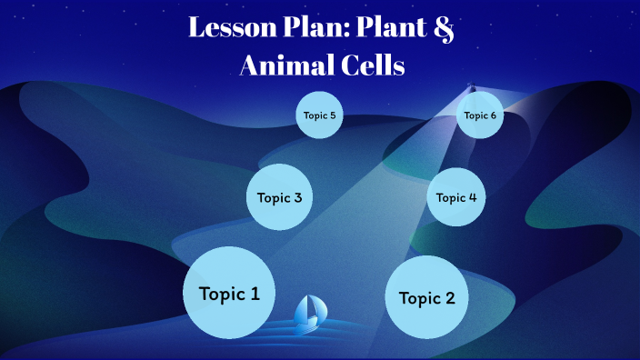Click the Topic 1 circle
[229, 293]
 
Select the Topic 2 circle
[426, 297]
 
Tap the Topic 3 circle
[280, 197]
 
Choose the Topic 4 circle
[455, 197]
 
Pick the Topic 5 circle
[319, 116]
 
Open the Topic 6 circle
[479, 115]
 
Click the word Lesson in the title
[229, 26]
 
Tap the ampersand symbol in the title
[443, 28]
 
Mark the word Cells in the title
[371, 65]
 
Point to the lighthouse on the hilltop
[470, 89]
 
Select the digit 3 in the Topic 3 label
[297, 197]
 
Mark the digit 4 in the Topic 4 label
[472, 197]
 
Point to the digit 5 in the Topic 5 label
[333, 116]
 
